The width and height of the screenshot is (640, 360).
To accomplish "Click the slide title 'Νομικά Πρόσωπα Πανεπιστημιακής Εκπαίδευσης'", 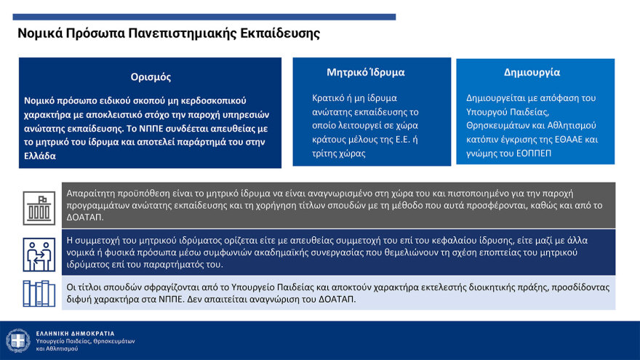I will coord(169,33).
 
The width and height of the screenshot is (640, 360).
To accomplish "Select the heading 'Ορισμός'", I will coord(151,76).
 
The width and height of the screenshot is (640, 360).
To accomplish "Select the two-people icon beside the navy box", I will coord(39,252).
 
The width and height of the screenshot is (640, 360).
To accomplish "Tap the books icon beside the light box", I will coord(39,293).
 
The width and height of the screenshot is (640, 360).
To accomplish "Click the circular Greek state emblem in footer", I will coord(17,340).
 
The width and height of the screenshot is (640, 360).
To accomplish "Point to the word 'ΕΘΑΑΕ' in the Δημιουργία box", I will coord(562,139).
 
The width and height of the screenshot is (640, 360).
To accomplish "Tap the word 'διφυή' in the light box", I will coord(78,300).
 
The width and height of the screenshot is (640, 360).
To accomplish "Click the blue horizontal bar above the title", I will coord(207,16).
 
